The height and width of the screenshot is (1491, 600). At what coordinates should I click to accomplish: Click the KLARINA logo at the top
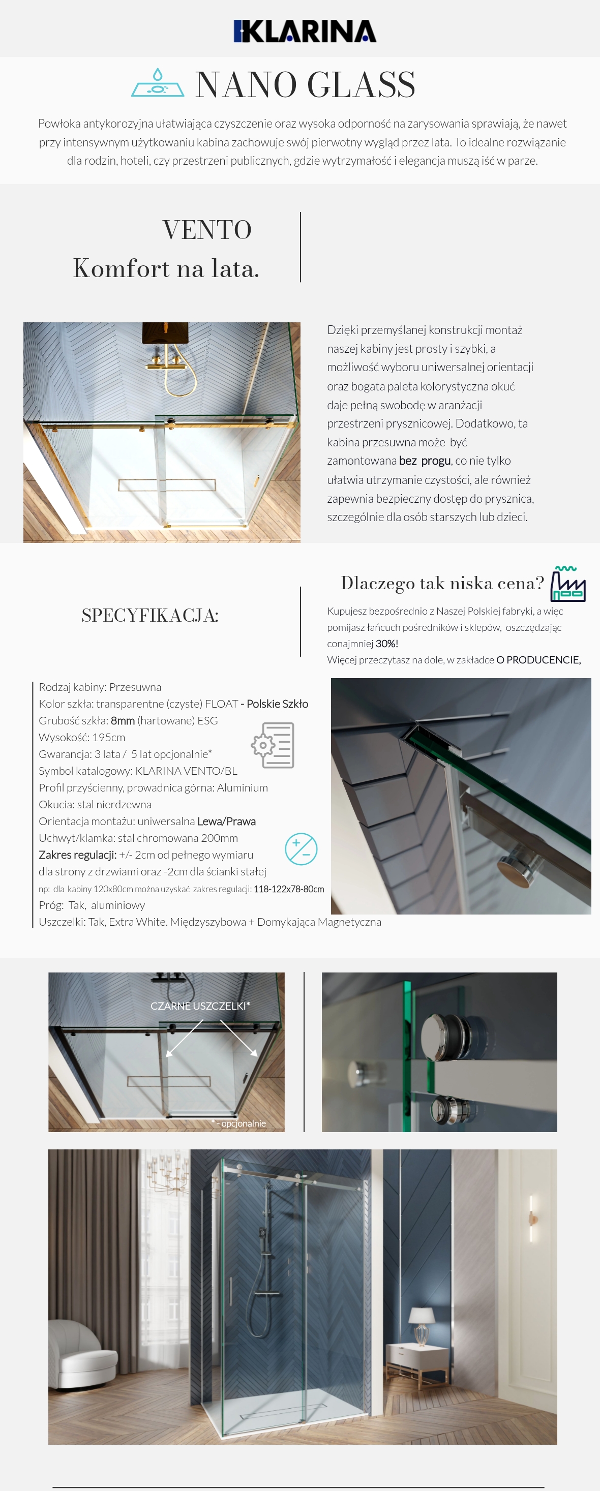[x=305, y=31]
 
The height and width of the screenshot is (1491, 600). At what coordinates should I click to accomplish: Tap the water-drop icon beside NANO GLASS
[x=158, y=83]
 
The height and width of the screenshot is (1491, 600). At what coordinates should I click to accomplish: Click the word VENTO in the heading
[x=207, y=230]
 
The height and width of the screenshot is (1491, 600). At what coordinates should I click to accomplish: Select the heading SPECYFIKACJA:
[x=150, y=615]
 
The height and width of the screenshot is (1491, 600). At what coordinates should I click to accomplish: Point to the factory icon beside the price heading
[x=567, y=584]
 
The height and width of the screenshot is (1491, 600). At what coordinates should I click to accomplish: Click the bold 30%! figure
[x=387, y=644]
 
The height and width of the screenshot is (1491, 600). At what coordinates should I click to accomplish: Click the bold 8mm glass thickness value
[x=123, y=721]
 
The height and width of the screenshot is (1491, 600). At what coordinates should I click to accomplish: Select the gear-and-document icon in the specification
[x=273, y=745]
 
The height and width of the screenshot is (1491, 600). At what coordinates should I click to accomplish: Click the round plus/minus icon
[x=301, y=849]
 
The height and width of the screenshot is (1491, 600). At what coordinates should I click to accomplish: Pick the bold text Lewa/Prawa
[x=226, y=821]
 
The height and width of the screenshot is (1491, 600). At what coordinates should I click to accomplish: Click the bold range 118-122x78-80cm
[x=289, y=889]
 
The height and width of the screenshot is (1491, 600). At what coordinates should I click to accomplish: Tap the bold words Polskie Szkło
[x=278, y=704]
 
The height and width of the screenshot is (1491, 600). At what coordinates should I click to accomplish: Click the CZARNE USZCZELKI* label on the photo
[x=200, y=1006]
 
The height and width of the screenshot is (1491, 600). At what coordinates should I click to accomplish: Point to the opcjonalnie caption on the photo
[x=243, y=1123]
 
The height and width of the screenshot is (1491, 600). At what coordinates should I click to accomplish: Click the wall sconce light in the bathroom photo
[x=532, y=1218]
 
